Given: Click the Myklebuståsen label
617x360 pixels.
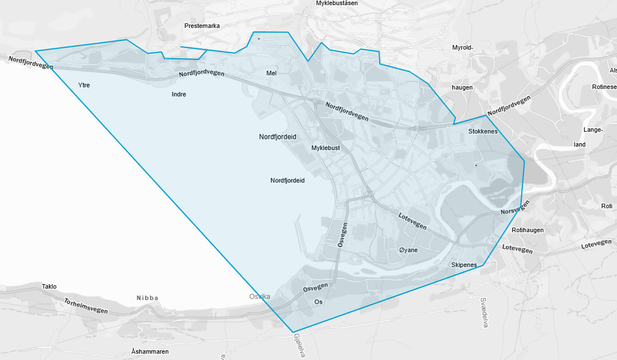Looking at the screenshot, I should click(x=336, y=3).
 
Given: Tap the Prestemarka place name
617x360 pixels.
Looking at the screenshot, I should click(x=202, y=26).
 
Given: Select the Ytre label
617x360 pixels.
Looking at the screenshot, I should click(x=84, y=85).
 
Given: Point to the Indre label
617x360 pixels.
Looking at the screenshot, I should click(x=178, y=94).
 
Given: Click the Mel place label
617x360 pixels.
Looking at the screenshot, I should click(x=271, y=73).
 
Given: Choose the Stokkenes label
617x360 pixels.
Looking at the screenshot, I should click(x=482, y=131).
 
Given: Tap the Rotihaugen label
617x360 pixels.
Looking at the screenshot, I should click(x=527, y=230).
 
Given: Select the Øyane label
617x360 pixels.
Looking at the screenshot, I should click(x=408, y=250).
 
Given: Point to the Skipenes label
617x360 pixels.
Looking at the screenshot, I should click(x=464, y=265).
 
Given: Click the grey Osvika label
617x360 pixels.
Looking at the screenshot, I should click(x=259, y=296).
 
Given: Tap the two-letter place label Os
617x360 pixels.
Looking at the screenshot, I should click(x=318, y=302).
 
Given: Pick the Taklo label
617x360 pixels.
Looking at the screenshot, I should click(x=50, y=286).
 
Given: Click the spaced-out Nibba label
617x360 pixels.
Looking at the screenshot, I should click(x=147, y=298).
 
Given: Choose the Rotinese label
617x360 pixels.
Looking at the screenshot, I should click(x=604, y=87).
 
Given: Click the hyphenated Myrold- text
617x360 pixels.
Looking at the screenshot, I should click(x=462, y=47).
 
